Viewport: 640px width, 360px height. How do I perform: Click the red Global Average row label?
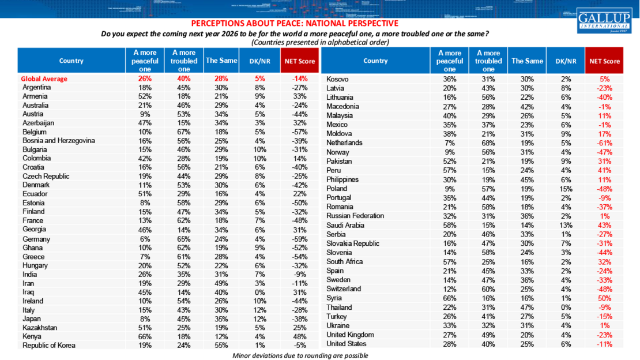(x=44, y=78)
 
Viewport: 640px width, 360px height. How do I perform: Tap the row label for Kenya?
(x=32, y=337)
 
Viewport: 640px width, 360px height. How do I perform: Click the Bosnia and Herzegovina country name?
(x=58, y=141)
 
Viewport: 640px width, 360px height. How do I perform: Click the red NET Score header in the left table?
(x=299, y=61)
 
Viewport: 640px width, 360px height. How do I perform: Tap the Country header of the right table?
(x=375, y=61)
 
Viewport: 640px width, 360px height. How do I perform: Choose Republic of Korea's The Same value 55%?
(x=213, y=346)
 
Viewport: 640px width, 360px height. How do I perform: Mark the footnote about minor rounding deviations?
(x=300, y=355)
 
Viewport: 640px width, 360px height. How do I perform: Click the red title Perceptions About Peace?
(x=294, y=24)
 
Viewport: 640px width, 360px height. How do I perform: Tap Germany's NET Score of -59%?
(x=299, y=239)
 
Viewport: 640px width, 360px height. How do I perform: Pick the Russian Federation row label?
(x=355, y=216)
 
